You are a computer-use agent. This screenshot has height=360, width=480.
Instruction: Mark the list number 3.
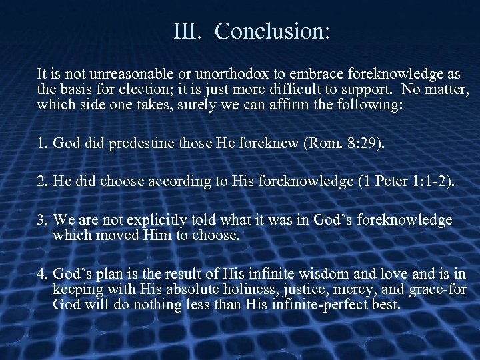point(42,220)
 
